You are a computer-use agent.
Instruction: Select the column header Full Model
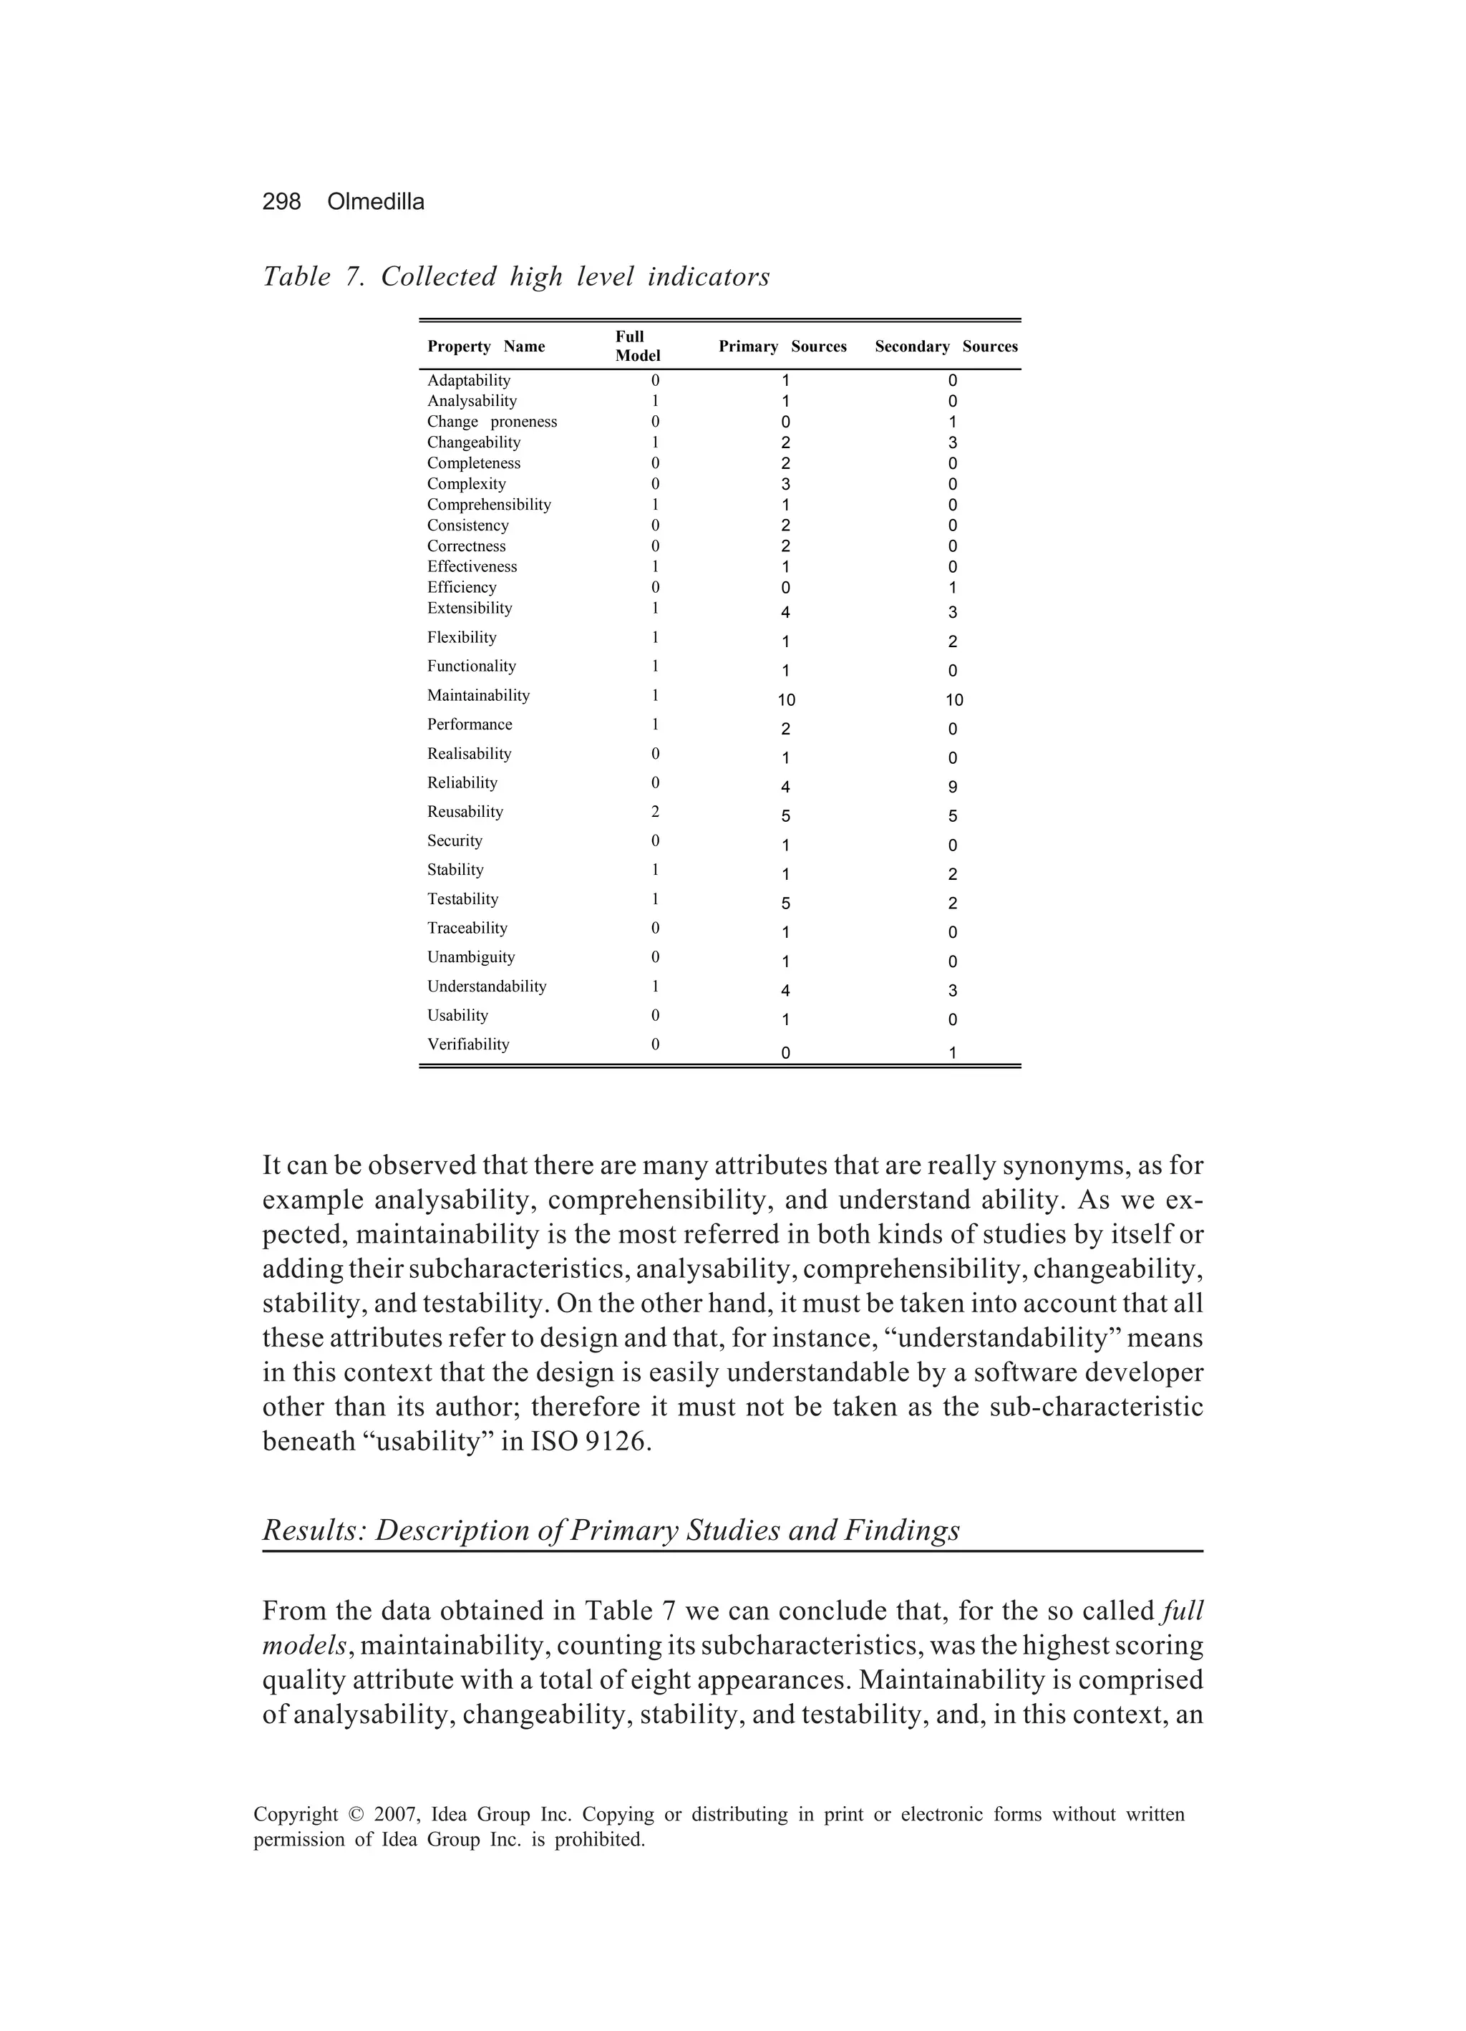[637, 346]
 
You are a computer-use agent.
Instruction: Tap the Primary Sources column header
[782, 346]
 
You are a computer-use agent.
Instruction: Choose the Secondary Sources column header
[946, 346]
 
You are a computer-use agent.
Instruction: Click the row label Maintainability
[478, 695]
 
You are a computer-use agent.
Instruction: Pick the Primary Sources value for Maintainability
[785, 700]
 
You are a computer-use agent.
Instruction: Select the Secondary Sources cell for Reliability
[952, 787]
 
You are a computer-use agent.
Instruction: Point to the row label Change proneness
[492, 422]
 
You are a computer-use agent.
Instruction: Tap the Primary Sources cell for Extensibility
[785, 613]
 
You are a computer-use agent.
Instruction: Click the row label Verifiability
[467, 1044]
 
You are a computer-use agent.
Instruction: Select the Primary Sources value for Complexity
[785, 485]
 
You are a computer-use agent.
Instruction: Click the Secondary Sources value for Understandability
[952, 990]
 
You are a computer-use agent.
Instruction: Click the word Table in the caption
[296, 277]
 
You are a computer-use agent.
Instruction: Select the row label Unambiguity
[470, 957]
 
